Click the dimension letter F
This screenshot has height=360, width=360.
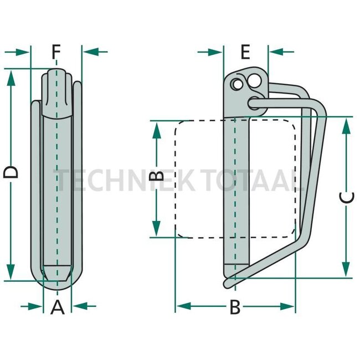[x=56, y=52]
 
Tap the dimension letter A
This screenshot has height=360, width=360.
[x=58, y=306]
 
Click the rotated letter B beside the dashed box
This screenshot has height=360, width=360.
[x=157, y=177]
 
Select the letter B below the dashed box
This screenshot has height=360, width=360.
[x=235, y=306]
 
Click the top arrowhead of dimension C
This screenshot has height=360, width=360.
[x=346, y=125]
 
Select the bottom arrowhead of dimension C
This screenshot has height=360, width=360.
[x=346, y=270]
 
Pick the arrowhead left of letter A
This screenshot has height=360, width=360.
[x=37, y=305]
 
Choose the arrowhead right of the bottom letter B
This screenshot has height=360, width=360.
[x=288, y=306]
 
